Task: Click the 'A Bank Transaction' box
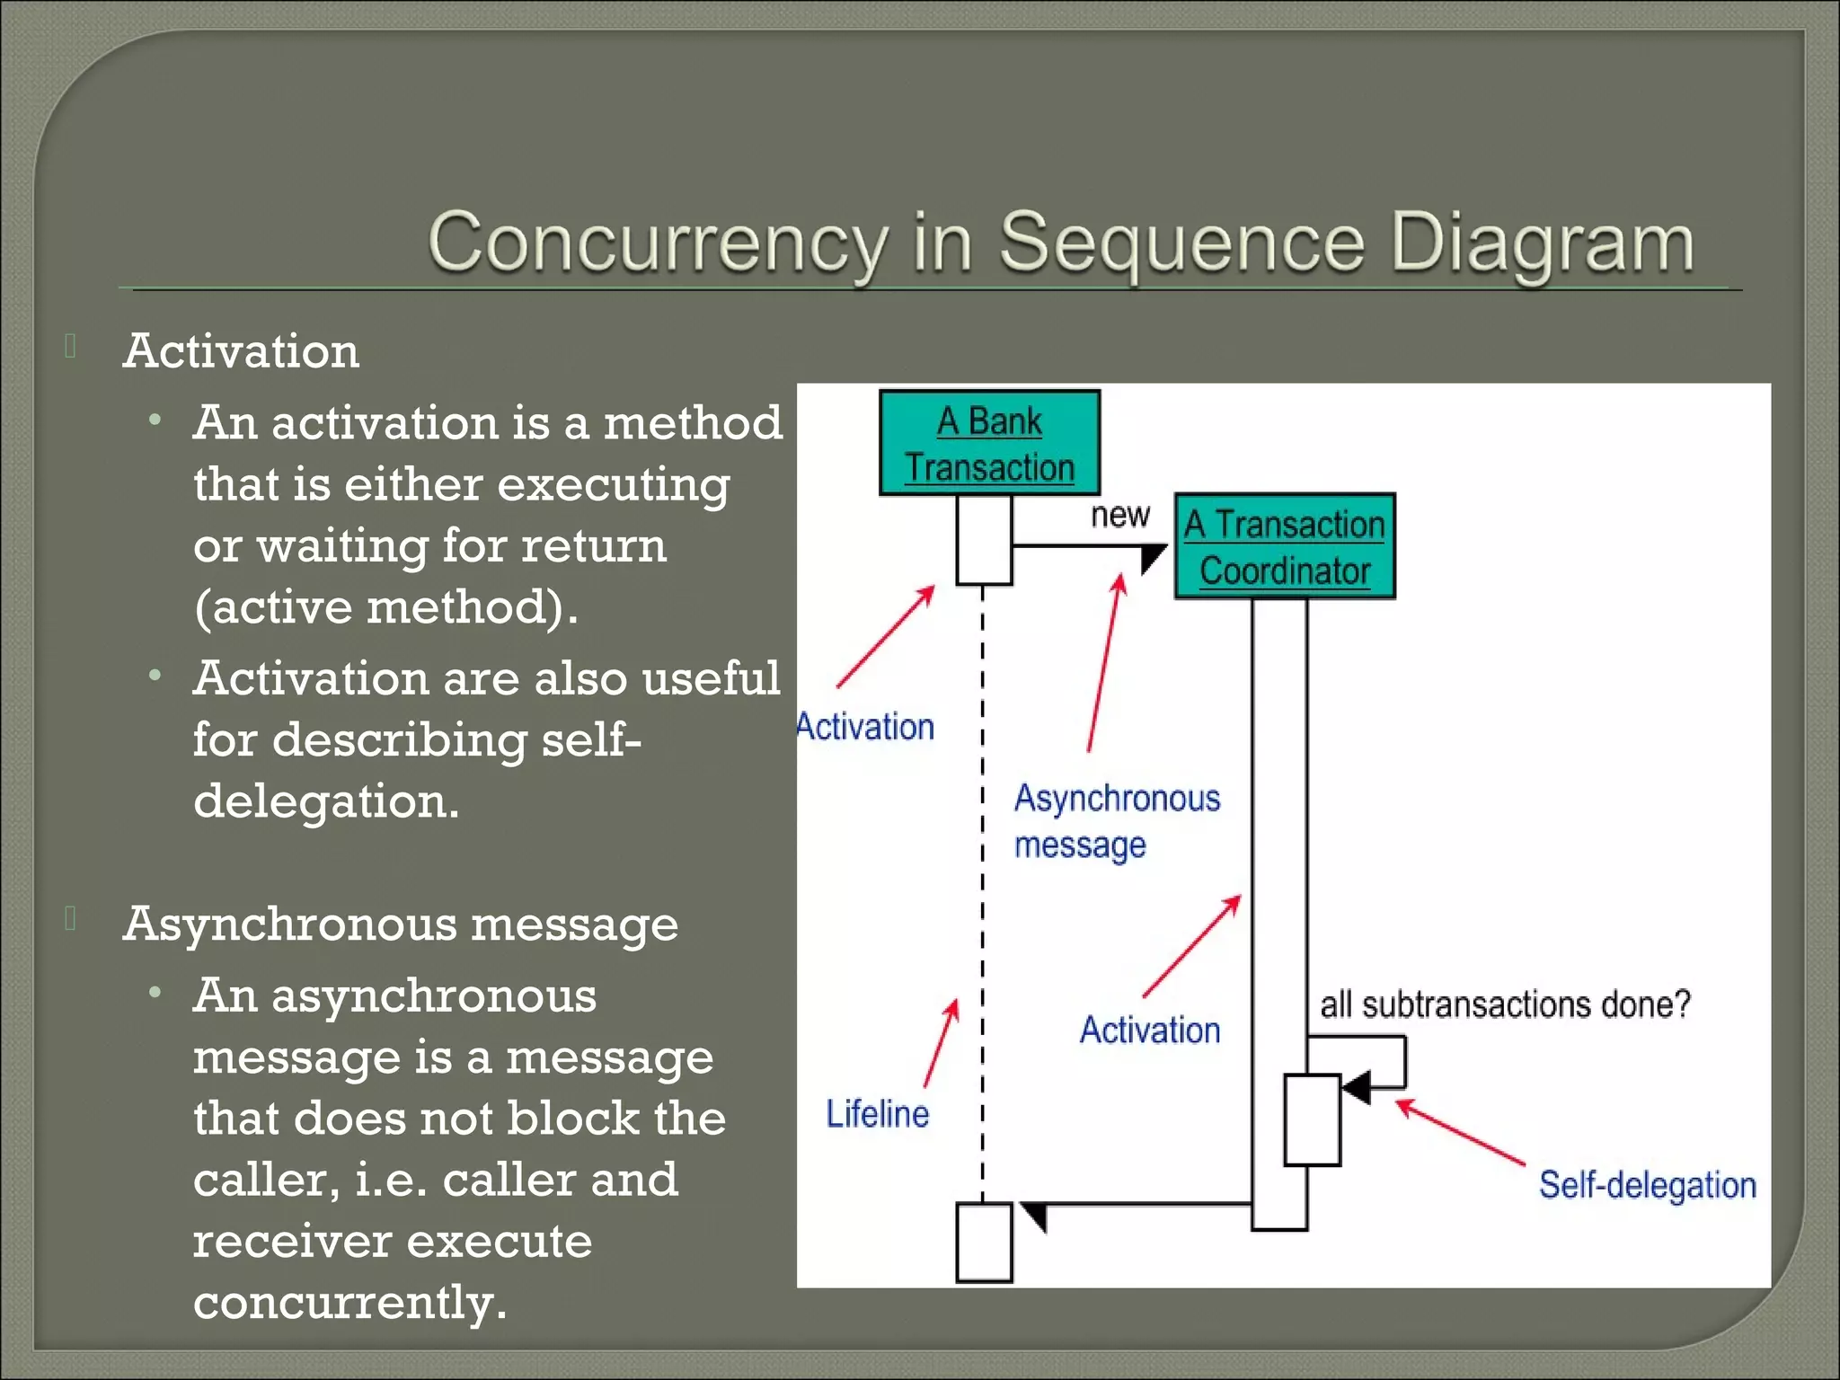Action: (989, 443)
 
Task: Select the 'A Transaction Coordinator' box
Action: (1285, 546)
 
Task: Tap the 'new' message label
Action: (1119, 515)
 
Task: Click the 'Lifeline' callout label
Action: (877, 1114)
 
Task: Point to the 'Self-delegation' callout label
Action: (1647, 1185)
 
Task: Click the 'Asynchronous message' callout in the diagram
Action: (1116, 821)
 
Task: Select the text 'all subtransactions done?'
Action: (1505, 1004)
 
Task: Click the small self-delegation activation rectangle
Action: (1312, 1119)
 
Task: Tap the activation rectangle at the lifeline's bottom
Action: (984, 1243)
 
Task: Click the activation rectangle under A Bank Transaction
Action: (984, 539)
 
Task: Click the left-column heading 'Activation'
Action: (241, 350)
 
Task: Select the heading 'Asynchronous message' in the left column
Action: (400, 924)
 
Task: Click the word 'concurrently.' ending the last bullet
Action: (349, 1302)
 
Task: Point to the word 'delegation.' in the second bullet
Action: (326, 801)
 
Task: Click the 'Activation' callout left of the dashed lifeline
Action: (866, 727)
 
